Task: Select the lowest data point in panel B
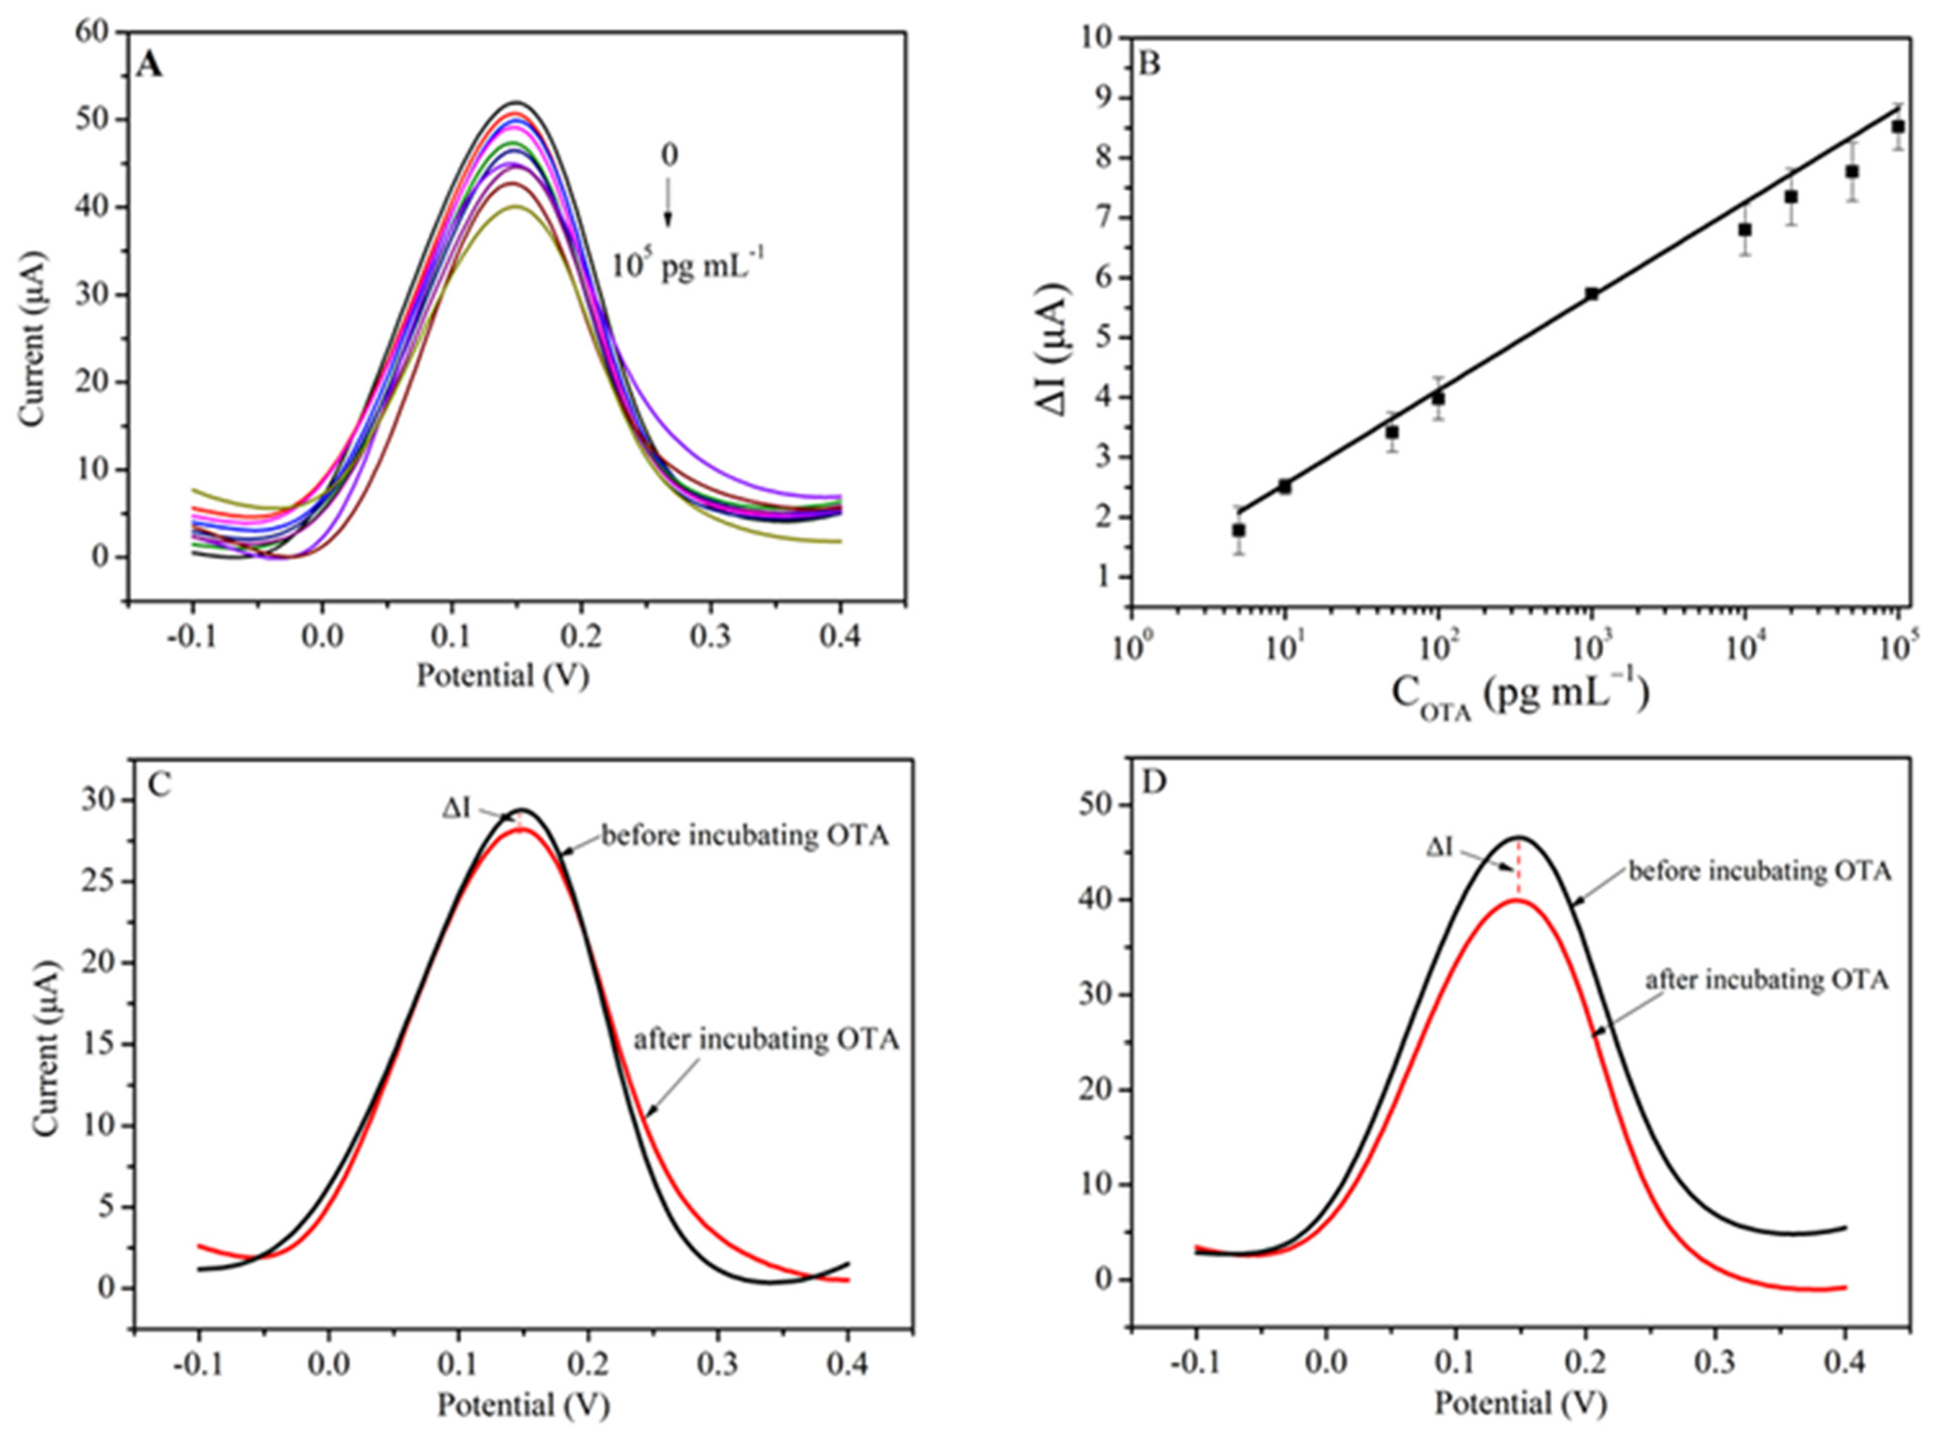coord(1238,530)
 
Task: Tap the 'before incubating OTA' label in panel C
coord(744,836)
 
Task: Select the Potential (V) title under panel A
coord(503,676)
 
